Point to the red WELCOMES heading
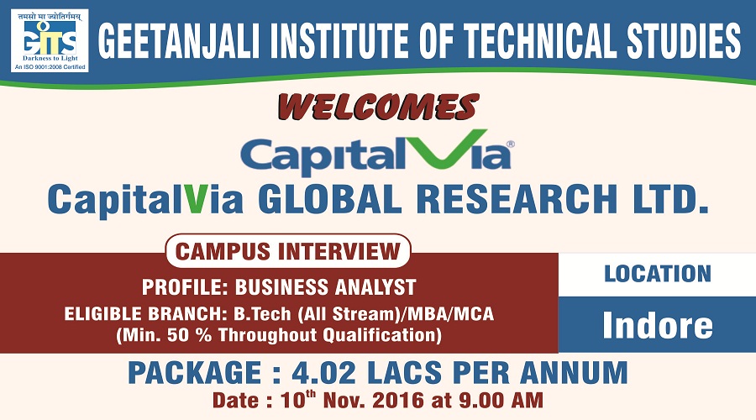378,107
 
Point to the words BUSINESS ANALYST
325,286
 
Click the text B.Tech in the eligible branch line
259,314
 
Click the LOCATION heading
657,273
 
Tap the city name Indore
657,324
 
